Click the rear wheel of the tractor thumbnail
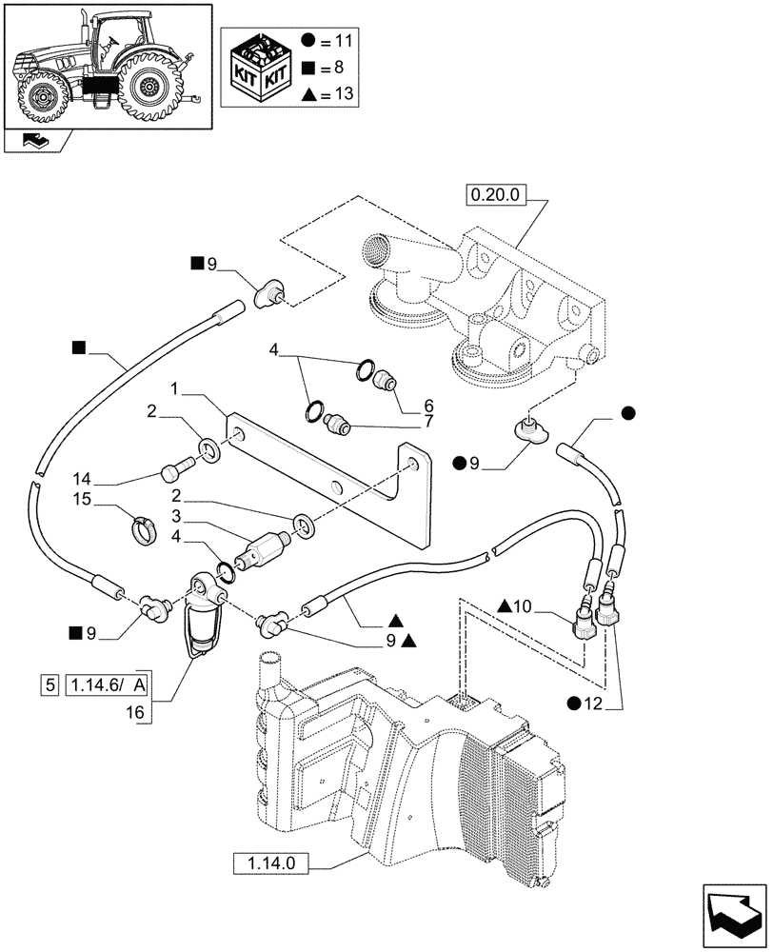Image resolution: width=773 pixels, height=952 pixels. pos(148,88)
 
